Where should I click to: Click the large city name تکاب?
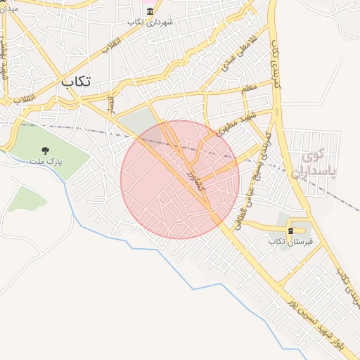coord(76,81)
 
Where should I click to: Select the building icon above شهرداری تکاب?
coord(150,11)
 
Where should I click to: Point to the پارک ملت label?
coord(46,162)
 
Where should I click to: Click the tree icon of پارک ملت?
coord(46,150)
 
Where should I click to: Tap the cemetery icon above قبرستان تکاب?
coord(290,231)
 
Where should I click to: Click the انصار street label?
coord(110,105)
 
